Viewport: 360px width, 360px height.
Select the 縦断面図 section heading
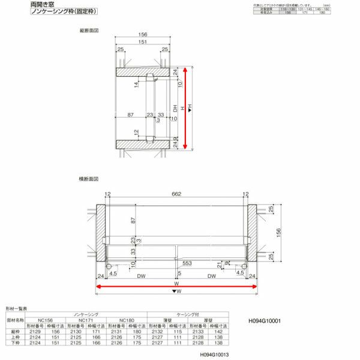[89, 29]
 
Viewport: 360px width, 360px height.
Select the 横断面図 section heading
[88, 179]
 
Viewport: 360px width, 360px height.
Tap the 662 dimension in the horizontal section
[176, 194]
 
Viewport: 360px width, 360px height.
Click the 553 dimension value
[188, 263]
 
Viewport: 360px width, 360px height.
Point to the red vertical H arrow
[187, 108]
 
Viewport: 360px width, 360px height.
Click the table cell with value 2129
[34, 331]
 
